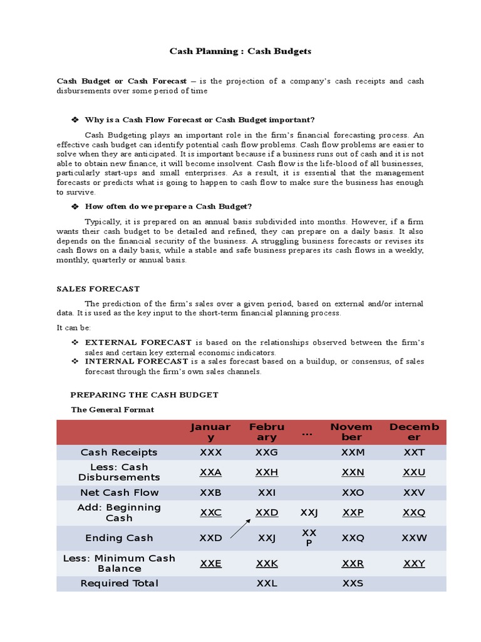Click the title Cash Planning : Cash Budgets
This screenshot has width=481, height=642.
point(240,51)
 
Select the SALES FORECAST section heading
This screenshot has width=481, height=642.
point(98,289)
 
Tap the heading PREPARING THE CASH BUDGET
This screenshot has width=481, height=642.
point(144,394)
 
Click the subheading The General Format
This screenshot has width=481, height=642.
point(112,409)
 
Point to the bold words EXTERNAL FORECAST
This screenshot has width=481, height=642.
point(138,342)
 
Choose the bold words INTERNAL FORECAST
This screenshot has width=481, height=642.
point(137,361)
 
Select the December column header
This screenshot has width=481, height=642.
point(414,431)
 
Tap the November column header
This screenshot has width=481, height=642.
point(351,431)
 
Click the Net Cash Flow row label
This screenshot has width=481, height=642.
point(119,492)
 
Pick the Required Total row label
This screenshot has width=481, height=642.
point(119,583)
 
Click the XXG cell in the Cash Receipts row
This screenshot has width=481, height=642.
point(267,452)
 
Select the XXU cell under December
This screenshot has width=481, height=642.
point(414,472)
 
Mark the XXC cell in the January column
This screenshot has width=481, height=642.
point(210,512)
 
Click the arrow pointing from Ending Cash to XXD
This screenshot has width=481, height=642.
point(240,528)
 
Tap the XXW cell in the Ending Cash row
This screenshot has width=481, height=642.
point(414,537)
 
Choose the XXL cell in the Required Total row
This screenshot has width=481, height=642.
point(267,583)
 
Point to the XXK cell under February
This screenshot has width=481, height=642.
point(267,563)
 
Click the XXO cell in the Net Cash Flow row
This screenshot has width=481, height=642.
point(353,492)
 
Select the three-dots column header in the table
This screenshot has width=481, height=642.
point(308,433)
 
